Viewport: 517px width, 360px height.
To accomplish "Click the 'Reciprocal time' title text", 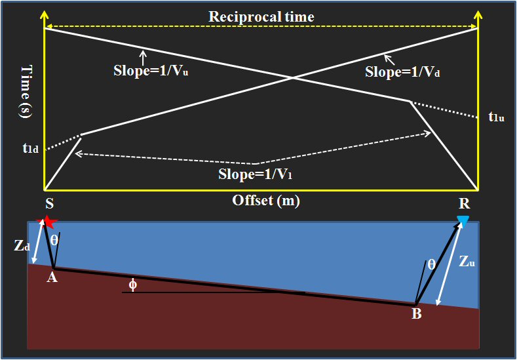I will pyautogui.click(x=261, y=16).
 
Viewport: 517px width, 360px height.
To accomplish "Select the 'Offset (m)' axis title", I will pyautogui.click(x=266, y=201).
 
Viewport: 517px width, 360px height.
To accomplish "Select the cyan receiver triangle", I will pyautogui.click(x=463, y=221).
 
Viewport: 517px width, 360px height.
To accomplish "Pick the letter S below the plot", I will pyautogui.click(x=48, y=203).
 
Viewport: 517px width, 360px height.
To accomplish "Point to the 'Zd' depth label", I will pyautogui.click(x=21, y=246).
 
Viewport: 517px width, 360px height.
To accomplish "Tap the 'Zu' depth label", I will pyautogui.click(x=467, y=262).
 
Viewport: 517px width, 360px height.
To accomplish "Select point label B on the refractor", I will pyautogui.click(x=416, y=314).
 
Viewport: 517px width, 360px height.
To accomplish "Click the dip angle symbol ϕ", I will pyautogui.click(x=133, y=284).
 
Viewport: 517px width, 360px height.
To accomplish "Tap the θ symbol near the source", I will pyautogui.click(x=54, y=241).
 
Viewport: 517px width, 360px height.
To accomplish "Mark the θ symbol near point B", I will pyautogui.click(x=431, y=264).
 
